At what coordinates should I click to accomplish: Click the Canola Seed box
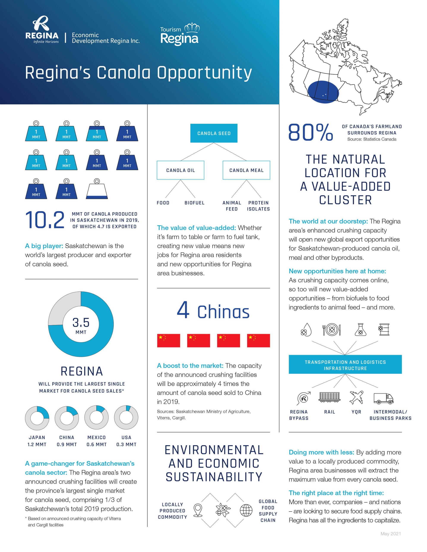tap(214, 133)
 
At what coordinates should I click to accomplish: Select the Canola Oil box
tap(180, 170)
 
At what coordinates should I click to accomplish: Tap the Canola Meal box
tap(246, 170)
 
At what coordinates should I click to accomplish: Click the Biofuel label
tap(194, 203)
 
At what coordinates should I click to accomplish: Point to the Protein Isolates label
tap(258, 206)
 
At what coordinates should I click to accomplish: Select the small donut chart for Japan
tap(37, 418)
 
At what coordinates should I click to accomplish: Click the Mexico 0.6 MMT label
tap(96, 441)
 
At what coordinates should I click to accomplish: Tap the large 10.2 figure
tap(45, 220)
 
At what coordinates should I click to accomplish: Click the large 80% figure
tap(311, 132)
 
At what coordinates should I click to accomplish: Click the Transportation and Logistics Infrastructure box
tap(345, 365)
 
